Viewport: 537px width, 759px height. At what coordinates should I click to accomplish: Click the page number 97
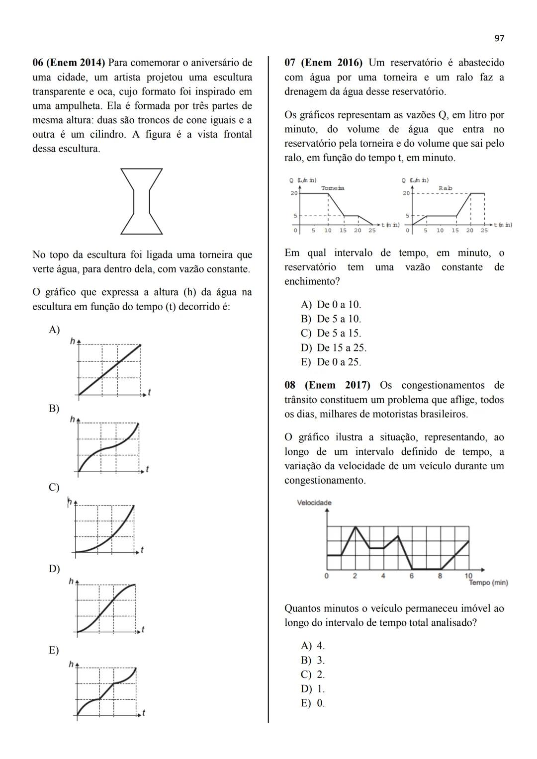pyautogui.click(x=499, y=38)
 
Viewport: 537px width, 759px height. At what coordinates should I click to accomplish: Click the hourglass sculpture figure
pyautogui.click(x=141, y=201)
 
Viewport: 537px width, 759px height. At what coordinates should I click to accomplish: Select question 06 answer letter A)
pyautogui.click(x=54, y=330)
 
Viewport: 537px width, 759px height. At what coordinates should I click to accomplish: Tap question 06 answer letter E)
pyautogui.click(x=54, y=650)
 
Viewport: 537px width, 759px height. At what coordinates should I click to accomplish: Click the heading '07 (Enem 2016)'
pyautogui.click(x=323, y=63)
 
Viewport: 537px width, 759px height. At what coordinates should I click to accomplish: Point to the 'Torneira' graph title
pyautogui.click(x=333, y=188)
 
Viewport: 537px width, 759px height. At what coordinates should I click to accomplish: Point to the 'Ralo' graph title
pyautogui.click(x=446, y=188)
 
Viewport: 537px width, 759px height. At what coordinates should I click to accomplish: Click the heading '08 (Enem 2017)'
pyautogui.click(x=327, y=385)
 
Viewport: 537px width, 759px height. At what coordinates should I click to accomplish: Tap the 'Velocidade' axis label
pyautogui.click(x=314, y=503)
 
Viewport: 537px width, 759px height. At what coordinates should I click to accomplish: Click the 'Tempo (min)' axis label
pyautogui.click(x=488, y=582)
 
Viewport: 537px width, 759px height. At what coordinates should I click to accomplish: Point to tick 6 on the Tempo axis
pyautogui.click(x=412, y=576)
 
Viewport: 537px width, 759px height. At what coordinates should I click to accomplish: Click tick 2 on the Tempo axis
pyautogui.click(x=355, y=576)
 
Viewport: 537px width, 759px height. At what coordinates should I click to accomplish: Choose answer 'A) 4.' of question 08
pyautogui.click(x=313, y=646)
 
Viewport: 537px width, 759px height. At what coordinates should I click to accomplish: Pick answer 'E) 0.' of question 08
pyautogui.click(x=313, y=703)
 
